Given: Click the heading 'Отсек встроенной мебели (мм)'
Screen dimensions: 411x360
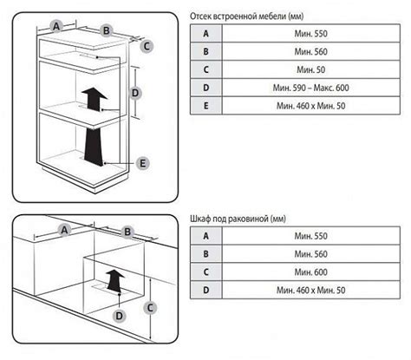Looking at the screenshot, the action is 246,16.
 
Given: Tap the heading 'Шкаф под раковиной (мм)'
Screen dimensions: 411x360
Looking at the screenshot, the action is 238,219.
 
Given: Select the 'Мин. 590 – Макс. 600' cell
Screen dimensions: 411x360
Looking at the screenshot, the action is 311,88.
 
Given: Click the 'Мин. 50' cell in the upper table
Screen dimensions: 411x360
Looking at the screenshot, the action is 311,69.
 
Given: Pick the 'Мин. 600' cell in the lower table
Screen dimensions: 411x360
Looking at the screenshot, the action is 311,272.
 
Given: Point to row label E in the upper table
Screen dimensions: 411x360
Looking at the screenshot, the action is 206,106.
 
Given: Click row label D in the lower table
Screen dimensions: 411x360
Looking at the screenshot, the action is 206,290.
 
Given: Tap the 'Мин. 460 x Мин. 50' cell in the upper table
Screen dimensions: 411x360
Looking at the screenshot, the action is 311,106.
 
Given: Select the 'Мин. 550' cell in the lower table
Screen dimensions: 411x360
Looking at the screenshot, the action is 311,236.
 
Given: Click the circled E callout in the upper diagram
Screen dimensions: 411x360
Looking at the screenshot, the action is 142,163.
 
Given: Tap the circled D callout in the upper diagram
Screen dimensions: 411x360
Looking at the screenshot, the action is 135,93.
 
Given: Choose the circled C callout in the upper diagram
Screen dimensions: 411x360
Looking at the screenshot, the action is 147,46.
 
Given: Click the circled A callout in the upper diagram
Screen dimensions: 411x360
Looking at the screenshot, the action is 56,26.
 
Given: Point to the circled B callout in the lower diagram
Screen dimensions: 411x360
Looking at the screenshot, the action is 127,232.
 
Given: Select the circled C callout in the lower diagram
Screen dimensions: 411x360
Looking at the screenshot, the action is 150,308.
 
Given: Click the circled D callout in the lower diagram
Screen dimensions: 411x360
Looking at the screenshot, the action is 120,316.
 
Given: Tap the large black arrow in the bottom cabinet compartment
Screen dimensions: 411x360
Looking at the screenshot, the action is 94,147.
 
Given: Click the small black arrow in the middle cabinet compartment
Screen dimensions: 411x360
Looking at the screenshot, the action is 95,99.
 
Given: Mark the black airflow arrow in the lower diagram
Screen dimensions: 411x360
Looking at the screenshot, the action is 115,279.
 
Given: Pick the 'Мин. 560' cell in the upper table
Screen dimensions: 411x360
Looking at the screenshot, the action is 311,52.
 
